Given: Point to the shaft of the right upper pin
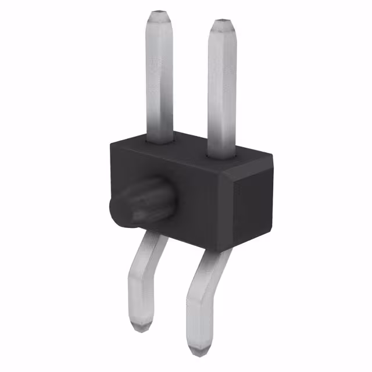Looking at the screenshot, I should [x=222, y=87].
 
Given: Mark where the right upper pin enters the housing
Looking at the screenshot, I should [x=222, y=155].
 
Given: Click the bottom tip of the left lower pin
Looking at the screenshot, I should [x=141, y=327].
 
